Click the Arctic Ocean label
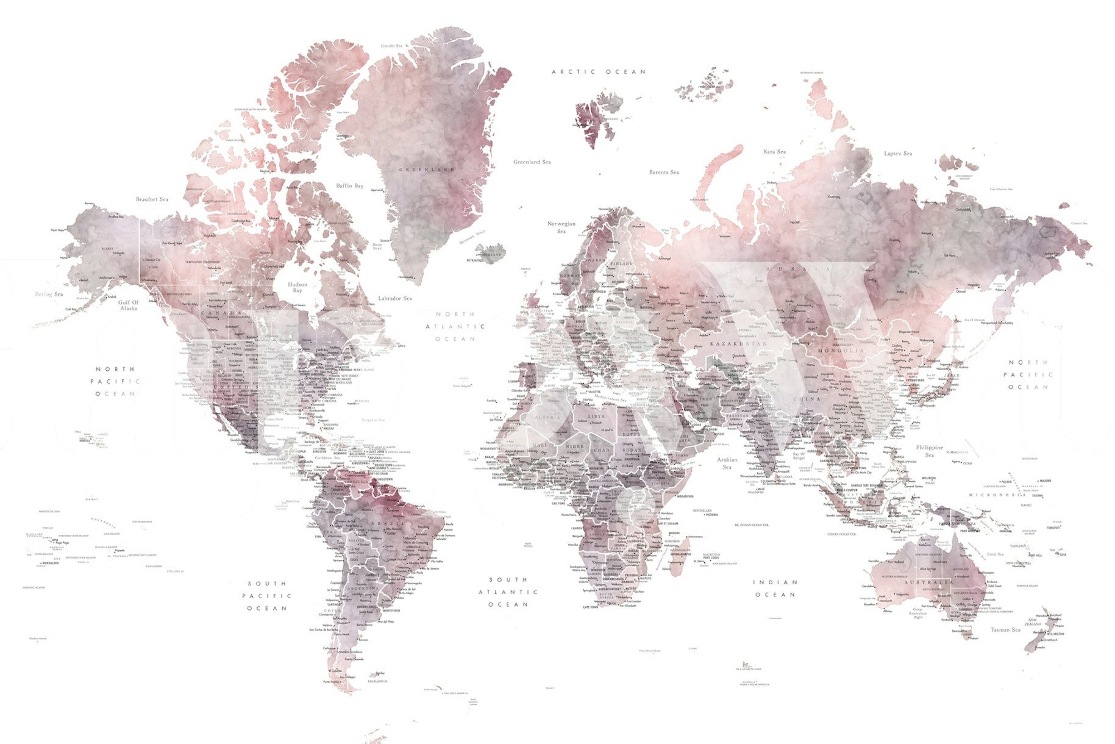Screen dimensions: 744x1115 tap(598, 72)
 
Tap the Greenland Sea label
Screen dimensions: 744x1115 tap(532, 162)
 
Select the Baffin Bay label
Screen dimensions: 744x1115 tap(349, 186)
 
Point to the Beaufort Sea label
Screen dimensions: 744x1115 tap(152, 199)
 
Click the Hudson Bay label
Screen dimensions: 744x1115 tap(297, 287)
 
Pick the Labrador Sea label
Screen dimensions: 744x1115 tap(395, 298)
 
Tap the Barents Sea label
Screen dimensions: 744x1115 tap(664, 173)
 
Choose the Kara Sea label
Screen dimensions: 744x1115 tap(774, 152)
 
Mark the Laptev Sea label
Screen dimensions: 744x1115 tap(898, 154)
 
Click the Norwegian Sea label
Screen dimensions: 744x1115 tap(561, 227)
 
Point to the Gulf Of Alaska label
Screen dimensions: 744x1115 tap(129, 305)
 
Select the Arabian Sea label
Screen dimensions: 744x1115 tap(727, 463)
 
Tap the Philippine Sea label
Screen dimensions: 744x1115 tap(929, 451)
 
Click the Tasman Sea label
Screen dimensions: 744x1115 tap(1005, 629)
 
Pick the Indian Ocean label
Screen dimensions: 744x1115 tap(775, 588)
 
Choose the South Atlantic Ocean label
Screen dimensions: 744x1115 tap(508, 592)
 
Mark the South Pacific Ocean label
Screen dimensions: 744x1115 tap(266, 596)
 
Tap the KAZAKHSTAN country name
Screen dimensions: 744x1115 tap(738, 344)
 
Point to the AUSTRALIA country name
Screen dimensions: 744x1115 tap(928, 582)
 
